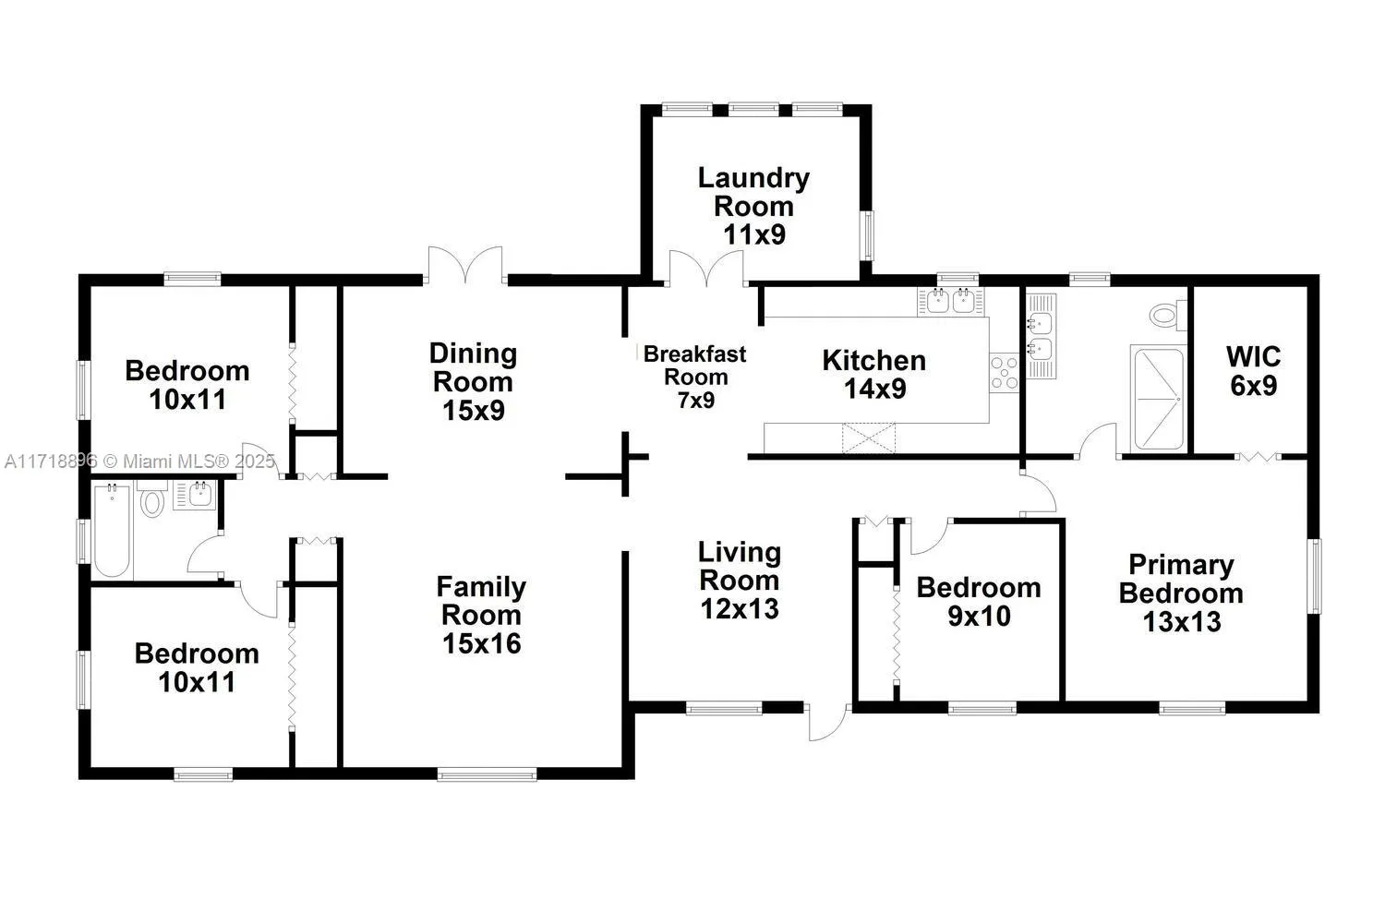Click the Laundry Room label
[x=753, y=206]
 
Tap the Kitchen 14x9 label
[x=873, y=374]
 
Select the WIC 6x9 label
[x=1253, y=370]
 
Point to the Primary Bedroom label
[x=1181, y=593]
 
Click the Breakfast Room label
[x=695, y=376]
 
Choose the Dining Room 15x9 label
[x=473, y=381]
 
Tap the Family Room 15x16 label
[x=481, y=615]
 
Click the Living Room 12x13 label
[x=739, y=580]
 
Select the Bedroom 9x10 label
[x=978, y=601]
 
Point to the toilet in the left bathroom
[x=151, y=501]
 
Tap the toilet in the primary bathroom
[x=1169, y=315]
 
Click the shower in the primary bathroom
[x=1158, y=398]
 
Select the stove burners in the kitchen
[x=1004, y=371]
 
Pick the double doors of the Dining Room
[x=464, y=266]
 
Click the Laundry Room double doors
[x=705, y=269]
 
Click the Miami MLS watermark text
[x=138, y=461]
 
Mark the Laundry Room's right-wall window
[x=868, y=235]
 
